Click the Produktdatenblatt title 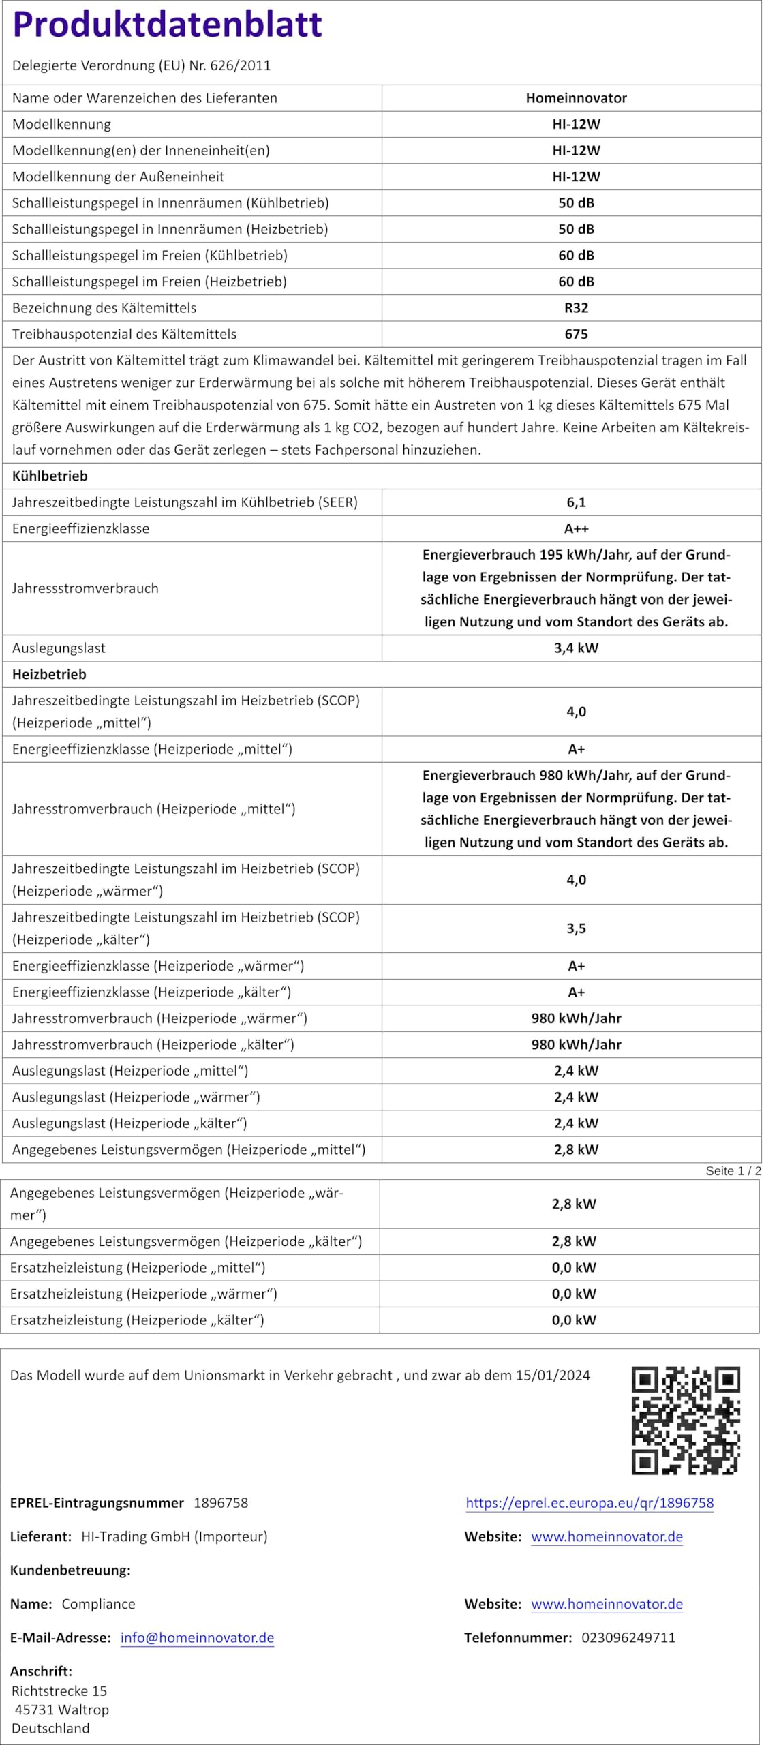click(167, 25)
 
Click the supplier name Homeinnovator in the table click(576, 98)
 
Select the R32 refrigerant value click(576, 308)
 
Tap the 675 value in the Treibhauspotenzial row click(576, 334)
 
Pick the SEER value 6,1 click(576, 502)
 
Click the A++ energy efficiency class click(576, 528)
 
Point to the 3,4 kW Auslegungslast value click(576, 648)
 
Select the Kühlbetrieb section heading click(50, 476)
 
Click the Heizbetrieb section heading click(49, 674)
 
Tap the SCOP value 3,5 click(576, 928)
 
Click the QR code click(685, 1420)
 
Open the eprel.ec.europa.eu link click(590, 1502)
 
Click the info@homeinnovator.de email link click(197, 1637)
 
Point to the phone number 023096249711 click(628, 1637)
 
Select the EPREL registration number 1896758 click(221, 1502)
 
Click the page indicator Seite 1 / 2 click(733, 1171)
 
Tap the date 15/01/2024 click(553, 1375)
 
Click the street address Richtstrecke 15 click(59, 1690)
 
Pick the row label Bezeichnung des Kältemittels click(104, 308)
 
